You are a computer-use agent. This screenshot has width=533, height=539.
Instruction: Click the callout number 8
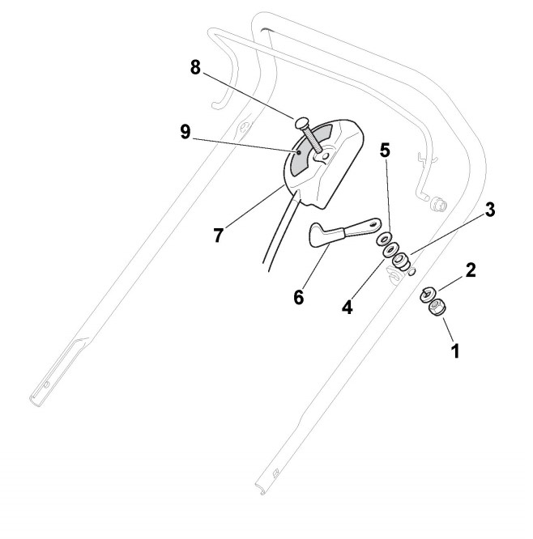194,67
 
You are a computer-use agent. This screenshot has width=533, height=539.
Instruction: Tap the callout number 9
186,132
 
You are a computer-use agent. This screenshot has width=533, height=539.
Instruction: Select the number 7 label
217,236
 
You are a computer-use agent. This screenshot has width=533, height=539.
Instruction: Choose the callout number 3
491,210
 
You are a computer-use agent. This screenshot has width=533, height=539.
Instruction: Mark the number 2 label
471,267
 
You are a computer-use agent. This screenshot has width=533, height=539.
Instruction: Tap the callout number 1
454,351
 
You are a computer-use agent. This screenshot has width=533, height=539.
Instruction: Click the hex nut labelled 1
436,308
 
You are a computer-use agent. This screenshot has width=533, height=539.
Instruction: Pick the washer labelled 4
390,251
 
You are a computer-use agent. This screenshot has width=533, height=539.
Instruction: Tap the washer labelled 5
380,240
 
